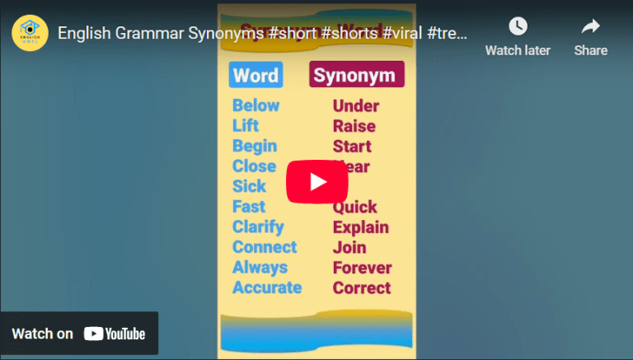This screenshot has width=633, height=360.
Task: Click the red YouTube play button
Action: [x=317, y=181]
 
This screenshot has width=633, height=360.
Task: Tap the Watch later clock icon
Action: [x=518, y=27]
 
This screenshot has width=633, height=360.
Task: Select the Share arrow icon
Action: [x=590, y=27]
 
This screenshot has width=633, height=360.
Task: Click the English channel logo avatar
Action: [x=30, y=33]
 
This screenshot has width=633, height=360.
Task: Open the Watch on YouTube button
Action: [x=79, y=334]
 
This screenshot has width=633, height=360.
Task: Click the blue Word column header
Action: [x=256, y=76]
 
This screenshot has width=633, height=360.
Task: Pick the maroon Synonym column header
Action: [x=355, y=76]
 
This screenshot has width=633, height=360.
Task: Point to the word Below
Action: [x=256, y=105]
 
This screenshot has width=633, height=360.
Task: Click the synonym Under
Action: [x=356, y=106]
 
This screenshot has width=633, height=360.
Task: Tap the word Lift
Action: [x=246, y=125]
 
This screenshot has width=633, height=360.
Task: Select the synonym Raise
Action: [x=354, y=126]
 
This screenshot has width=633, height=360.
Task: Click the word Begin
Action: [x=255, y=146]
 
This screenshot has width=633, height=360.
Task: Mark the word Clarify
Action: [x=258, y=227]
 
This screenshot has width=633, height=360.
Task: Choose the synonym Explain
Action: [x=361, y=227]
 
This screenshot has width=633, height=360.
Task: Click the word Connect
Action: [x=265, y=247]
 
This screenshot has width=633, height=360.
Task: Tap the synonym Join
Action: [x=349, y=247]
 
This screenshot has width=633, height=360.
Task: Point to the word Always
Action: [x=260, y=267]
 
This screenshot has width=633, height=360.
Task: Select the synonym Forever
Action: [x=363, y=268]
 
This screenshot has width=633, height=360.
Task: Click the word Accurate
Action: [x=267, y=288]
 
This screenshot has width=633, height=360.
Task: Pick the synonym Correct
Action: [x=362, y=288]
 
